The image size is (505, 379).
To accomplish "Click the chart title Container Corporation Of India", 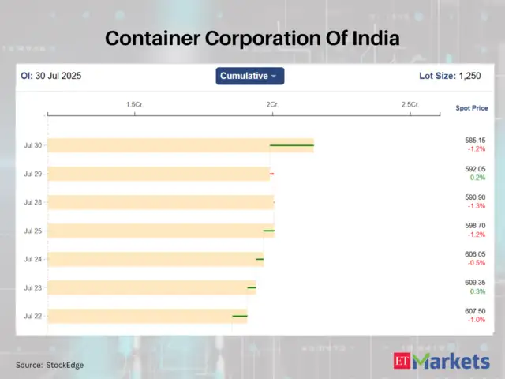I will [x=252, y=38].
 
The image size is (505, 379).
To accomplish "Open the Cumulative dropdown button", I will [x=250, y=76].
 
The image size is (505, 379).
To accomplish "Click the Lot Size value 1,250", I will [x=471, y=76].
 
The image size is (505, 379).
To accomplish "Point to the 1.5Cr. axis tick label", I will [x=134, y=105].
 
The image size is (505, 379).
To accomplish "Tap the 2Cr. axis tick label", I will [x=271, y=105].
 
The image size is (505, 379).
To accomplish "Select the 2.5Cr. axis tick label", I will [x=410, y=105].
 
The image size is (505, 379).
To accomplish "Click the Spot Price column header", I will [x=471, y=107].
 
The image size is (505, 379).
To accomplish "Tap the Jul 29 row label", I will [x=33, y=174].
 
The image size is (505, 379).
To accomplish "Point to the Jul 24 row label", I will [x=33, y=259].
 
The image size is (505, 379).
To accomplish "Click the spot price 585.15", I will [x=475, y=141].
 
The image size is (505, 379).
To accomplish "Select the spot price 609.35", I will [x=475, y=283].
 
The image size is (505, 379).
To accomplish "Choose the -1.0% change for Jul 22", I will [x=475, y=320].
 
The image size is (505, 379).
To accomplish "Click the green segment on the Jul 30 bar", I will [x=292, y=145].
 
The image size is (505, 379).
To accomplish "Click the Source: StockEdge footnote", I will [x=50, y=365].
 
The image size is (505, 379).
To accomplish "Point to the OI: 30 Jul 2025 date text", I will [x=50, y=77].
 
